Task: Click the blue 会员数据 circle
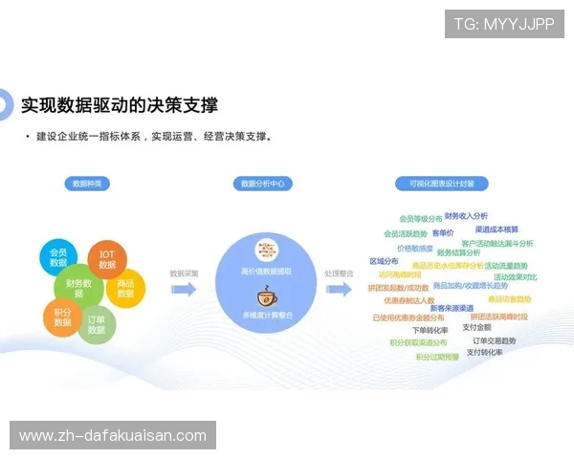[x=59, y=256]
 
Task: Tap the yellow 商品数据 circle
[x=125, y=288]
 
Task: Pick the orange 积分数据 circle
[x=63, y=317]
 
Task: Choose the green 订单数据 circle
[x=97, y=324]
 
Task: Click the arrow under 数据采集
[x=184, y=288]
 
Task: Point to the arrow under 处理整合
[x=339, y=288]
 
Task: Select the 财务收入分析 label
[x=466, y=216]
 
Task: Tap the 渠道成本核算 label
[x=497, y=229]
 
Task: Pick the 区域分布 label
[x=384, y=260]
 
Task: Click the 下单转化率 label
[x=430, y=330]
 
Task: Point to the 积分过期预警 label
[x=437, y=358]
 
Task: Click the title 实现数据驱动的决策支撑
[x=120, y=104]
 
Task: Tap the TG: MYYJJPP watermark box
[x=504, y=24]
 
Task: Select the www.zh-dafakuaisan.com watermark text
[x=113, y=436]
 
